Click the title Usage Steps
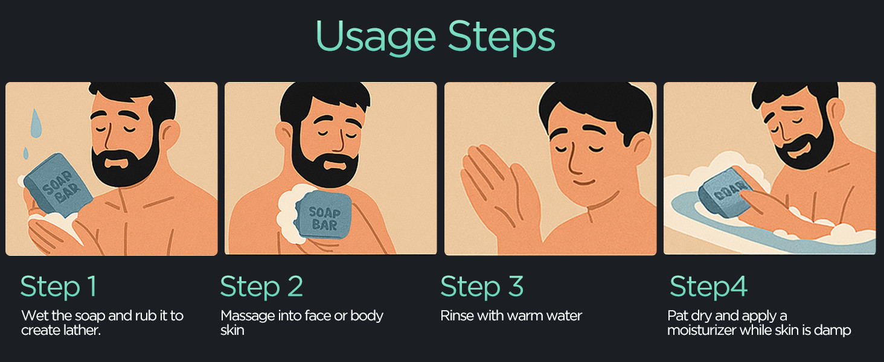[435, 37]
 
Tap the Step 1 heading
[59, 287]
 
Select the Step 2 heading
[261, 287]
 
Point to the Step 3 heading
[482, 287]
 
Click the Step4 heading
[708, 287]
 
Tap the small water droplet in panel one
[26, 153]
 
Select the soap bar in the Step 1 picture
[59, 185]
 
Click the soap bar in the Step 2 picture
[324, 215]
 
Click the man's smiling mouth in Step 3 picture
[584, 183]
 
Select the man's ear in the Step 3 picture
[639, 149]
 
